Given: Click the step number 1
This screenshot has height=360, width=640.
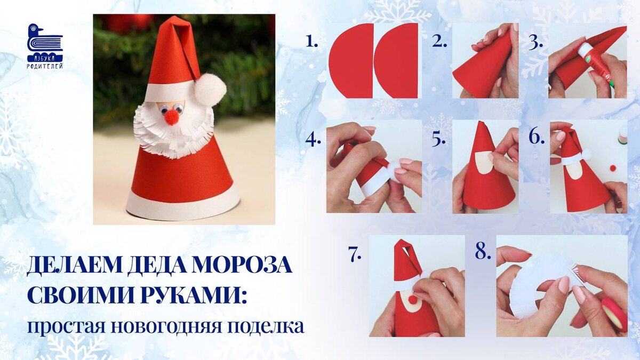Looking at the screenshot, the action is tap(311, 42).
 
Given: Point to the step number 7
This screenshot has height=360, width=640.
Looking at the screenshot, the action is tap(355, 254).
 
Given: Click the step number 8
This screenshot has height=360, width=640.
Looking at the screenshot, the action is tap(483, 252).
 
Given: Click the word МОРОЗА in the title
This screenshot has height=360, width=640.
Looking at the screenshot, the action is tap(242, 266).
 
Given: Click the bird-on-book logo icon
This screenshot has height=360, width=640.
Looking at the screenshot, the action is tap(45, 40).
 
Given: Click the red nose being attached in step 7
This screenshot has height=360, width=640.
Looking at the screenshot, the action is tap(413, 300).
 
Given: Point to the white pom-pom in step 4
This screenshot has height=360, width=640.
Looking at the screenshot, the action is tap(398, 170).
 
